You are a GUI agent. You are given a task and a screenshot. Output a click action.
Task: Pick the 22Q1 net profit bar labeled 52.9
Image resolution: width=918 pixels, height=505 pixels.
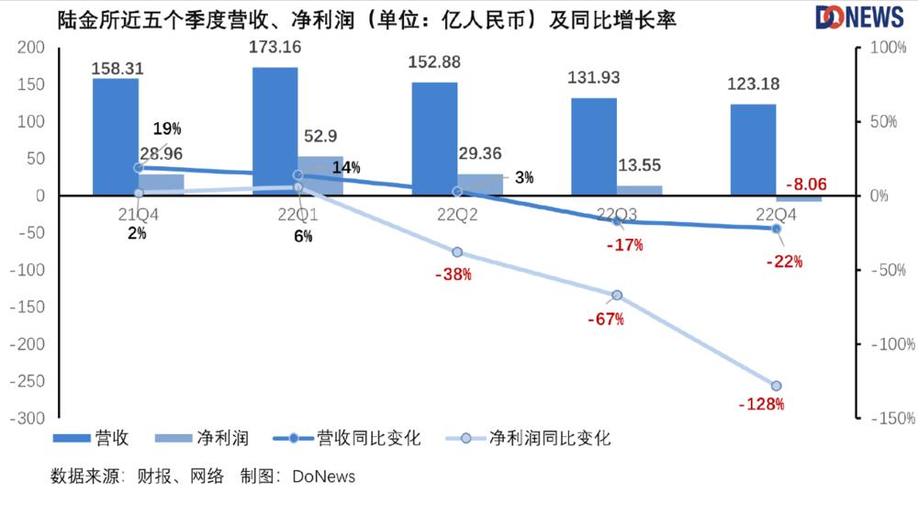point(320,175)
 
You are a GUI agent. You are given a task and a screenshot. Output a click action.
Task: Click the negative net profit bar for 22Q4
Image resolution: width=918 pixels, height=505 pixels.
point(799,198)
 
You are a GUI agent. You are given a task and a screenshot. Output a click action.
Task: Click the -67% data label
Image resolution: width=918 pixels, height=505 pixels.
point(606,319)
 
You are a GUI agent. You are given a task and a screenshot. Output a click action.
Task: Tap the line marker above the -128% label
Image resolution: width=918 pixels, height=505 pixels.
point(777,386)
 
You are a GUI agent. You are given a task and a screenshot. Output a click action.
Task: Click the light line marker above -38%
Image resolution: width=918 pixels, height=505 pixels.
point(457,252)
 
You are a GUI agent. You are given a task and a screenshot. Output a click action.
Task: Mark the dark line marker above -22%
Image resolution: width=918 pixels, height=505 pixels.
point(777,229)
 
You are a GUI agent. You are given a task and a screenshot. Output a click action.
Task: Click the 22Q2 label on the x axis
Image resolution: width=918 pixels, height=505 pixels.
point(456,215)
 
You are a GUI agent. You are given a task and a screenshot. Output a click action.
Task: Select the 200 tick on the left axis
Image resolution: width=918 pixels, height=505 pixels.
point(30,48)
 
